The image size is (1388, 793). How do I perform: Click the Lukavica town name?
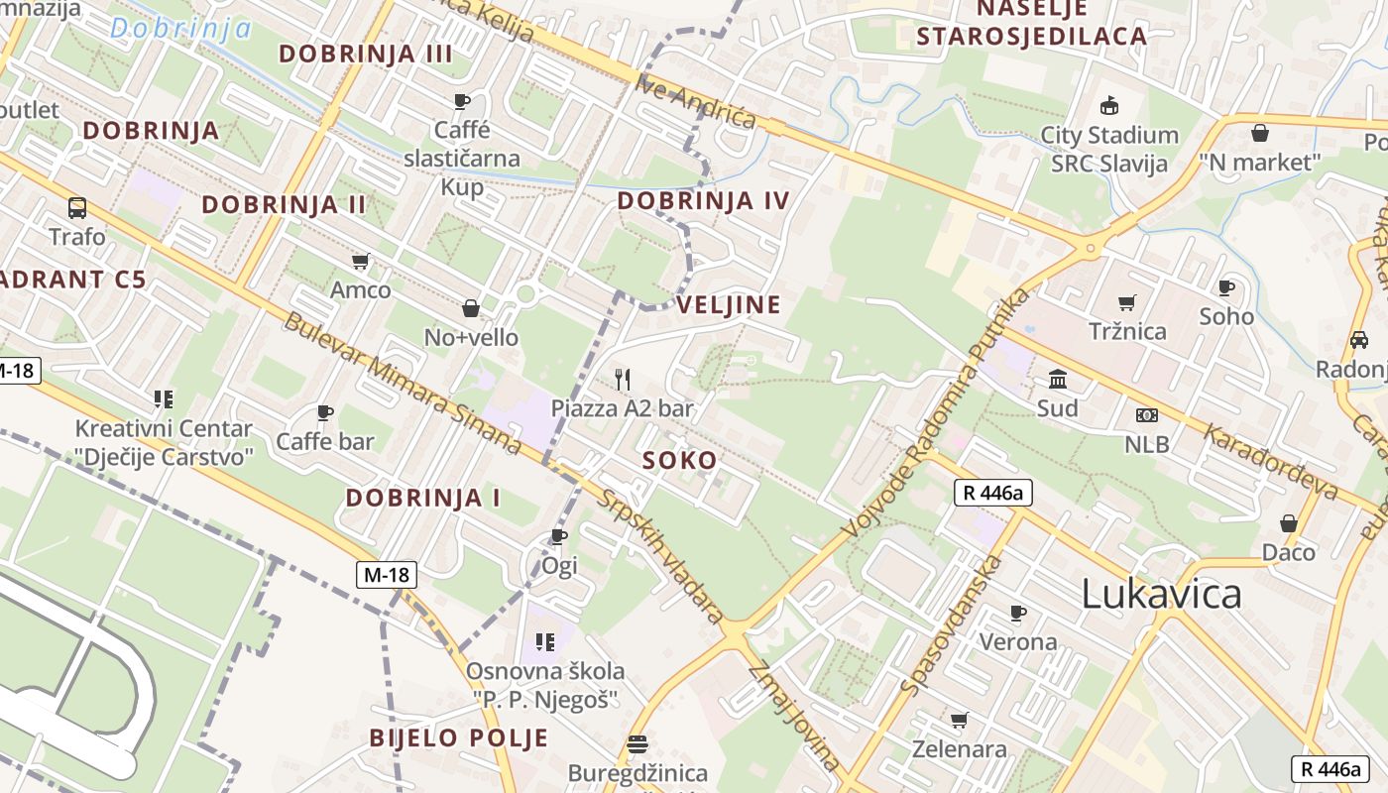point(1161,594)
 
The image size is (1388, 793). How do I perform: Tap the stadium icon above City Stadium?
point(1109,105)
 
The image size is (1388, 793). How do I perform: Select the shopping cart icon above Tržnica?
point(1126,302)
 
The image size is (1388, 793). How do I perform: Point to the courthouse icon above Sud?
point(1058,379)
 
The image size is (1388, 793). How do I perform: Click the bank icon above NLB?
point(1147,415)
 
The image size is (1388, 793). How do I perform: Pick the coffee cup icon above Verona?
point(1018,613)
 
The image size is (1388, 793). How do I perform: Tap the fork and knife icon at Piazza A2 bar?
point(623,379)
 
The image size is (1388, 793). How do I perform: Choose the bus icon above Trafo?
point(77,208)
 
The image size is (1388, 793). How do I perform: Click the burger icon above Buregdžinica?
point(637,743)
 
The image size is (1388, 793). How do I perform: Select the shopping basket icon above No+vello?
point(471,308)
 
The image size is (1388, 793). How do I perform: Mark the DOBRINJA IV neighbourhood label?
point(703,201)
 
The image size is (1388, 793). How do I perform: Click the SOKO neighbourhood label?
point(679,460)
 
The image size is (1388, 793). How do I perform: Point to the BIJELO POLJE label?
point(458,737)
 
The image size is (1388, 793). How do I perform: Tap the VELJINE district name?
point(729,304)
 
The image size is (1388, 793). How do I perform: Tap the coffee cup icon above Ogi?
point(559,536)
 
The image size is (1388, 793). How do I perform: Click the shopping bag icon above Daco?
point(1289,523)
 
